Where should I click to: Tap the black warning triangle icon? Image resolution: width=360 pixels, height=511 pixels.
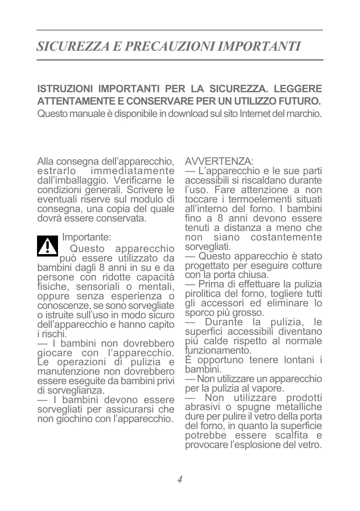(x=47, y=246)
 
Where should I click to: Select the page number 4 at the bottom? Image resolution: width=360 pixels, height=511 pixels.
(x=180, y=479)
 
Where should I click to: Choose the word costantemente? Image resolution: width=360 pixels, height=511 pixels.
(x=286, y=237)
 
